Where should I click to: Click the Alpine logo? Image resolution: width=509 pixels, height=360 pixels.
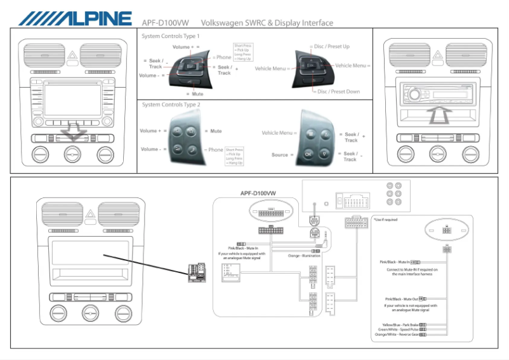(x=75, y=18)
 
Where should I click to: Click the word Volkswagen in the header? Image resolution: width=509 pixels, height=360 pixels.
(x=221, y=23)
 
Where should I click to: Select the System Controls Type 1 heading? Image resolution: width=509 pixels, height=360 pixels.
(x=170, y=36)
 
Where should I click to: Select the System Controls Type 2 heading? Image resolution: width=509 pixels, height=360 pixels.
(x=171, y=105)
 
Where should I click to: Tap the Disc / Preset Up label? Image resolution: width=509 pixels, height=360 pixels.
(x=331, y=46)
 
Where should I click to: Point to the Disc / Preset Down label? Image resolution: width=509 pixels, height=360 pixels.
(x=338, y=91)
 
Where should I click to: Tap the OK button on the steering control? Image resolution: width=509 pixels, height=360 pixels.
(x=308, y=154)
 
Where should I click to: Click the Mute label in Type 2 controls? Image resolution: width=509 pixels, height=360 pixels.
(x=216, y=131)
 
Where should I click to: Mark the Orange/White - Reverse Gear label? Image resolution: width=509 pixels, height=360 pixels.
(x=396, y=335)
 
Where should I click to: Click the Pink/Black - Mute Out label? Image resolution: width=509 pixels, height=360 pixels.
(x=401, y=298)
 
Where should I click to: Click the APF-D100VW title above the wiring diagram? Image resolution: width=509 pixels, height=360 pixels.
(x=258, y=192)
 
